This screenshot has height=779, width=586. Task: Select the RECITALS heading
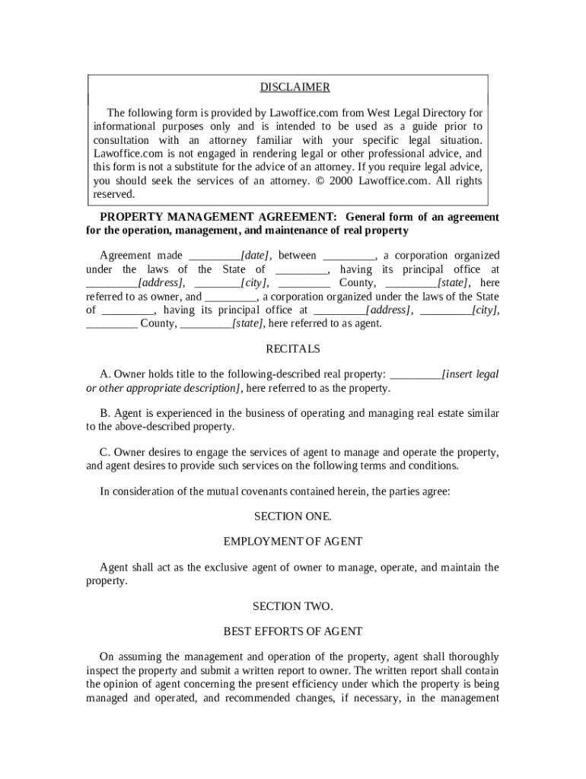coord(292,349)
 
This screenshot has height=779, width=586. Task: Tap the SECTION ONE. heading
coord(292,517)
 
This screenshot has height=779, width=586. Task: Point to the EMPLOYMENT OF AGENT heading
coord(292,542)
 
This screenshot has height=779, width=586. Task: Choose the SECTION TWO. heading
coord(292,606)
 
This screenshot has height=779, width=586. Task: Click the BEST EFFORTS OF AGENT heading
coord(292,631)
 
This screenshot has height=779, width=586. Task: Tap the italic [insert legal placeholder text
coord(470,374)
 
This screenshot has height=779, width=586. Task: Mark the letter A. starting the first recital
coord(105,374)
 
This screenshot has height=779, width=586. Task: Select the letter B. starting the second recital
coord(105,413)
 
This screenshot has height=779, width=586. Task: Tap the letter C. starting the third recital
coord(105,453)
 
